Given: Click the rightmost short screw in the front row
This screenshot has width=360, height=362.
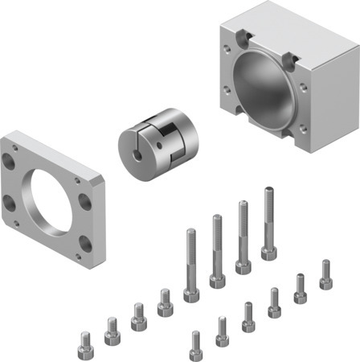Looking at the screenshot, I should (x=325, y=274).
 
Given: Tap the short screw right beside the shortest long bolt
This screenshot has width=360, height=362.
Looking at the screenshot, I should (x=165, y=302).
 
